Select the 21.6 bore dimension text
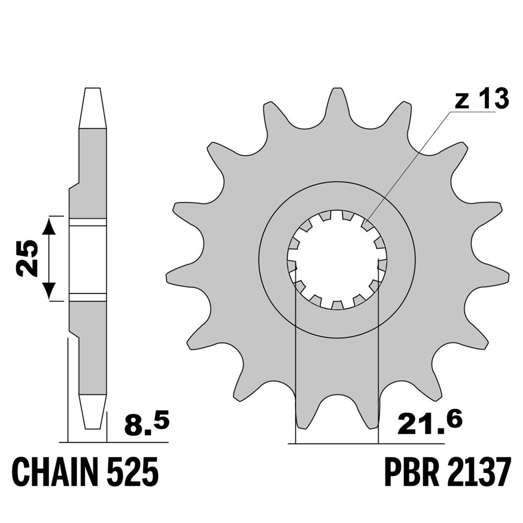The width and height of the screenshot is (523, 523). pos(429,423)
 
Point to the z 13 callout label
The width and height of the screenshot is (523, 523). pos(482,99)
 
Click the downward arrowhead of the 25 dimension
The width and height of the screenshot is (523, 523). pos(50,290)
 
